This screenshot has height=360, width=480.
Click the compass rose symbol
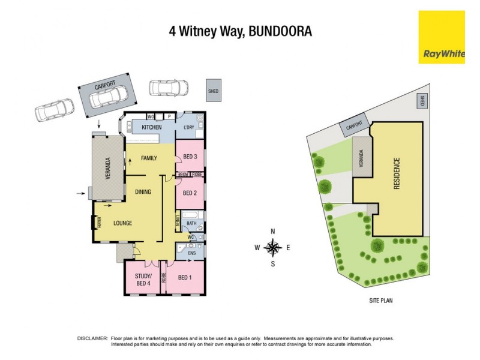[273, 247]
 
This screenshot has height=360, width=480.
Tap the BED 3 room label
[190, 157]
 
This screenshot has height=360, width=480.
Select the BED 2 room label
[190, 193]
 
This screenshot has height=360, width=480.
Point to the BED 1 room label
[186, 277]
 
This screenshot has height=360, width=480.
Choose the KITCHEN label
[151, 127]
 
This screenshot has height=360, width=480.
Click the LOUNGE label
[122, 223]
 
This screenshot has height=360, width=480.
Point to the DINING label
[143, 192]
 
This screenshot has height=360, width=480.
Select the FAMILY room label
[149, 158]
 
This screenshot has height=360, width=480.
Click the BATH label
[191, 223]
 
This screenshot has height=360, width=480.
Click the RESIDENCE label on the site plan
[397, 174]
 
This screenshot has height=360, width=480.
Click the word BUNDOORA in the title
[279, 31]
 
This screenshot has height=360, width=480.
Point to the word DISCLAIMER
[92, 339]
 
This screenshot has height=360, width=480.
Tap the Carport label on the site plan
[354, 126]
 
